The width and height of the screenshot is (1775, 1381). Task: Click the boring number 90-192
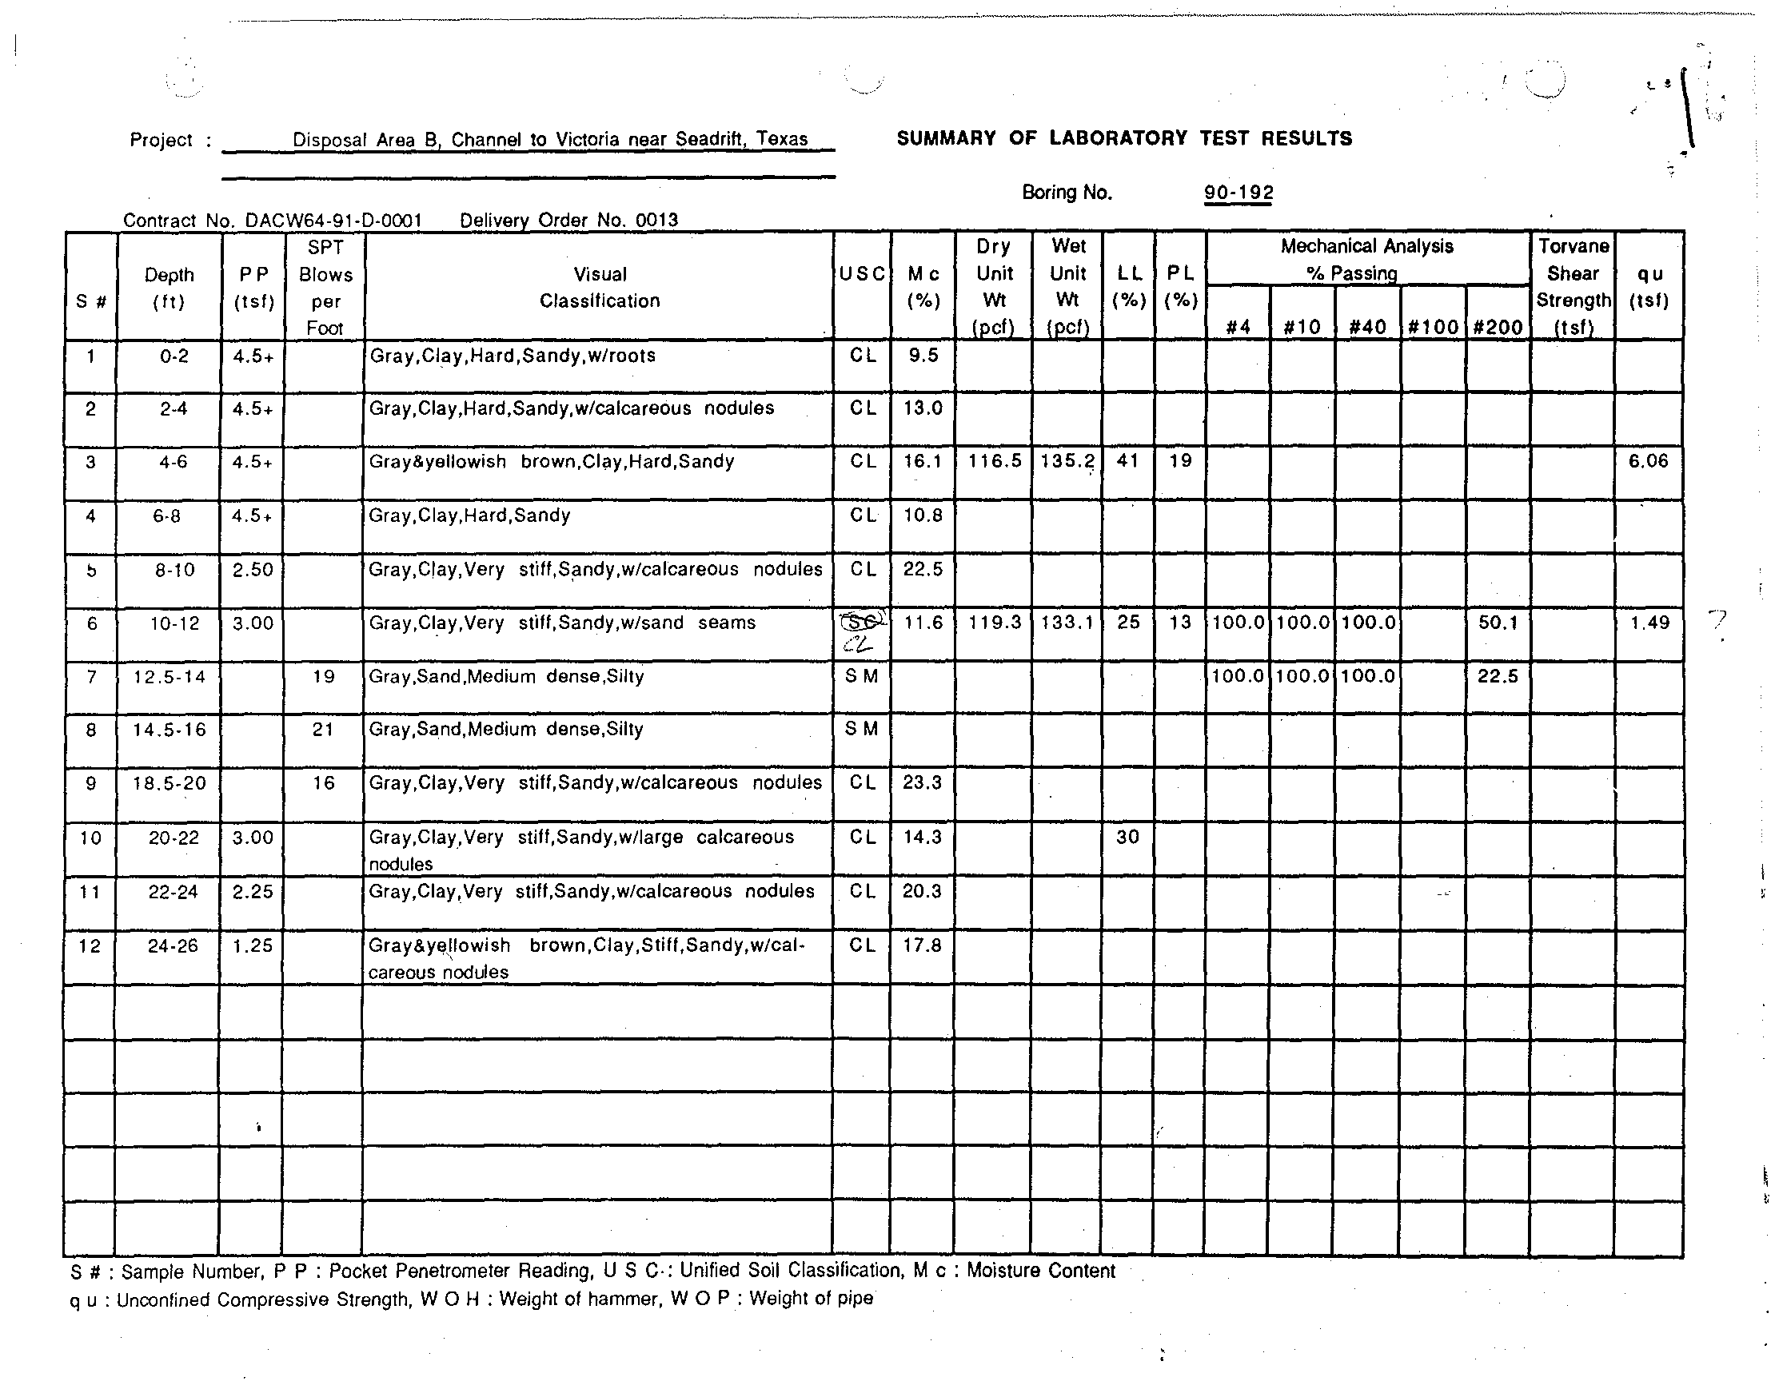click(x=1238, y=193)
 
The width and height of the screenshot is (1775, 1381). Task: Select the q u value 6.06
click(x=1648, y=461)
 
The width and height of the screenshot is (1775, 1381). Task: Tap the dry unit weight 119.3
click(x=995, y=623)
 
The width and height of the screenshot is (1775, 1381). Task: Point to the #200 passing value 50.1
click(x=1497, y=623)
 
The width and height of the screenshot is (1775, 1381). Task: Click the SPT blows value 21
click(x=324, y=730)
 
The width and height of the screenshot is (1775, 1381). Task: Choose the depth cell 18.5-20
click(x=169, y=783)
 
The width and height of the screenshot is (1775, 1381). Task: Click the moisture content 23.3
click(x=923, y=783)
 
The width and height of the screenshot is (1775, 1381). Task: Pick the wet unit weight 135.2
click(x=1067, y=461)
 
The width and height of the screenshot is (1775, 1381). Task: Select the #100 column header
click(x=1433, y=328)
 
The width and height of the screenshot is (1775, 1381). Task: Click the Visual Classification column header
click(x=600, y=288)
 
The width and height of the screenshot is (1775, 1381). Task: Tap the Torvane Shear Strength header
click(x=1573, y=287)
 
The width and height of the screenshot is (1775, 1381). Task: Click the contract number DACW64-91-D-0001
click(x=333, y=220)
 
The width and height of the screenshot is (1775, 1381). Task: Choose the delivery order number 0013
click(x=656, y=220)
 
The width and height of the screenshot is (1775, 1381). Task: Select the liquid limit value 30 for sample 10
click(x=1127, y=837)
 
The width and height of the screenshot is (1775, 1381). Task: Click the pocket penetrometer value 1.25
click(x=253, y=945)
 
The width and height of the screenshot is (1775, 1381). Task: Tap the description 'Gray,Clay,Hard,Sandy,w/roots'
click(x=512, y=356)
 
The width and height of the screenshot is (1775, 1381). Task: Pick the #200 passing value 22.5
click(x=1497, y=676)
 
